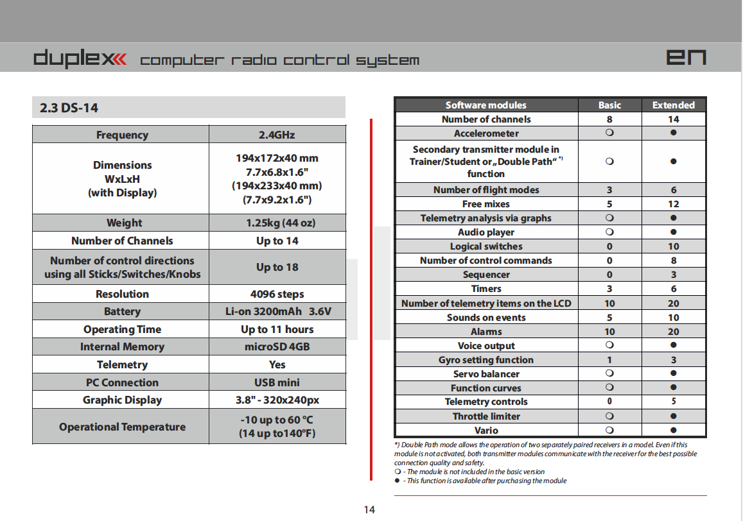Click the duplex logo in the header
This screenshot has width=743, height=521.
click(80, 59)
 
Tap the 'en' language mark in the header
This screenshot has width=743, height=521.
click(686, 58)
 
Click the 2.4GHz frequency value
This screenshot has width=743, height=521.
click(277, 135)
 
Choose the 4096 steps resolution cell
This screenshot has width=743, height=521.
click(277, 294)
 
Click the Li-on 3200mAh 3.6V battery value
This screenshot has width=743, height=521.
click(277, 312)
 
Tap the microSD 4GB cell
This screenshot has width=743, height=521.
click(277, 346)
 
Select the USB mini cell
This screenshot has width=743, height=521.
click(277, 382)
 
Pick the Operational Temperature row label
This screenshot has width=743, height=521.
click(122, 427)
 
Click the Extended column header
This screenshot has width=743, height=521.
click(673, 105)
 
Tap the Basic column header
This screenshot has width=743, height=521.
click(609, 105)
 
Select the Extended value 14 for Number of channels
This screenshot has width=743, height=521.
click(673, 119)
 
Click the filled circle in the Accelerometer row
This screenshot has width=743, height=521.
click(673, 133)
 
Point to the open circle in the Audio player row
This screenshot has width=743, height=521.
click(609, 232)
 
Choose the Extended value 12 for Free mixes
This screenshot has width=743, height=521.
click(673, 204)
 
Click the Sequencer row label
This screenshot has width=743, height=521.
click(486, 275)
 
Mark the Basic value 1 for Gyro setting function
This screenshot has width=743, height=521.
click(609, 360)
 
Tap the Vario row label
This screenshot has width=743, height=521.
click(486, 431)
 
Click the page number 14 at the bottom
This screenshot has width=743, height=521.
click(369, 509)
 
